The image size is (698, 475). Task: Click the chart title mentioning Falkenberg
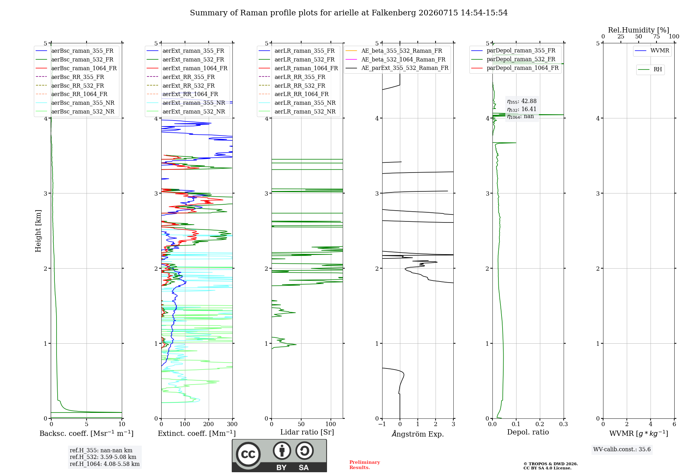coord(349,13)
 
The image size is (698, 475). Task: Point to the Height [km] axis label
coord(38,231)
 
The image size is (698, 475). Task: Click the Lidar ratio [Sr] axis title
coord(307,432)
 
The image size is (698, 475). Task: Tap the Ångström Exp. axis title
coord(418,434)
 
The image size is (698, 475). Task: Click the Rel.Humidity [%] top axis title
coord(638,30)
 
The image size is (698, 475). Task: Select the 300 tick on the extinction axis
coord(232,424)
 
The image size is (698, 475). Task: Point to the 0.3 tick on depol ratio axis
coord(564,424)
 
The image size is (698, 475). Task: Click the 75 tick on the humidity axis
coord(656,36)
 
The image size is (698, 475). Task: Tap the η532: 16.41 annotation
coord(522,109)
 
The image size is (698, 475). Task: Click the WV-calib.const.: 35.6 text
coord(622,450)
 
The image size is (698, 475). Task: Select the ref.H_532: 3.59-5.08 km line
coord(103,457)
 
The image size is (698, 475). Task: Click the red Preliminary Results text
coord(365,465)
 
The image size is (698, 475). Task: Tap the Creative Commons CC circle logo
coord(248,454)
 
